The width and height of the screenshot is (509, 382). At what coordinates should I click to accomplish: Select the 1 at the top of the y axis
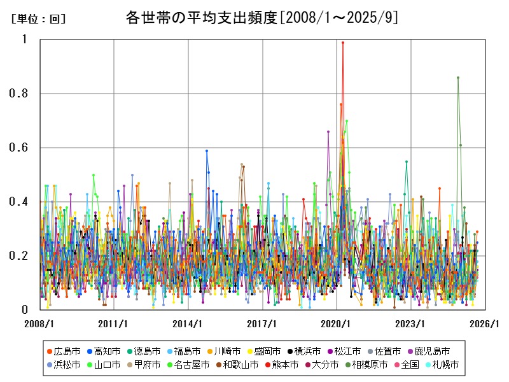click(25, 39)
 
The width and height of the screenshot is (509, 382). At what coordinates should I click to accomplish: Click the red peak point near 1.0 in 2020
click(343, 43)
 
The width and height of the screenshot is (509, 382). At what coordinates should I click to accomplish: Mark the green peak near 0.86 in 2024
click(458, 78)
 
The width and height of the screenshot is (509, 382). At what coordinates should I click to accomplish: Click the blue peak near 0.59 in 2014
click(207, 151)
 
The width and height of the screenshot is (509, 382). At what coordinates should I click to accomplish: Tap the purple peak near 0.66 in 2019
click(328, 132)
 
